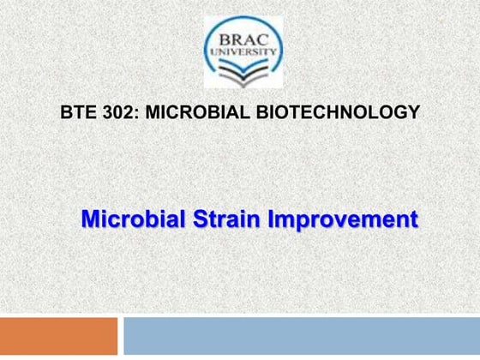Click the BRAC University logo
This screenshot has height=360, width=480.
tap(241, 52)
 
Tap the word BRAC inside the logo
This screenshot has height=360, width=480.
tap(241, 40)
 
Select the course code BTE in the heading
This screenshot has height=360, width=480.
tap(77, 111)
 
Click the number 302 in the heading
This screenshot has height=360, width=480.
tap(114, 111)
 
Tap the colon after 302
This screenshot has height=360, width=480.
tap(131, 112)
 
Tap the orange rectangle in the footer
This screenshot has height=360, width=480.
tap(58, 335)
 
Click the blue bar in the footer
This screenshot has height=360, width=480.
tap(301, 335)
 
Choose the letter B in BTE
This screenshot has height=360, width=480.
tap(66, 111)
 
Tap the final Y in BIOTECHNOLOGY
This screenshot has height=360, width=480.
tap(414, 111)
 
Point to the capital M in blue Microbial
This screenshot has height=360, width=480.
tap(91, 219)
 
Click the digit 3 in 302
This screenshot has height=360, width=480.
tap(105, 111)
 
